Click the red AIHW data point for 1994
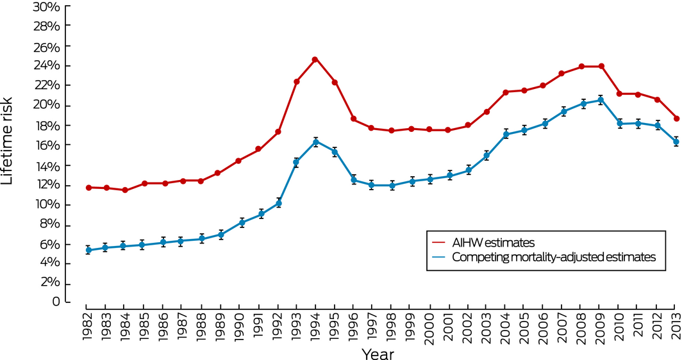coord(315,60)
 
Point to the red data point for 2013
coord(676,119)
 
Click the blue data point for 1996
coord(353,180)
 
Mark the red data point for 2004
coord(506,92)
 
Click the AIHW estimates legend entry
coord(493,243)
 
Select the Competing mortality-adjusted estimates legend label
coord(554,258)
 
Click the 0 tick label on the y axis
coord(56,302)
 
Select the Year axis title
coord(378,352)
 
